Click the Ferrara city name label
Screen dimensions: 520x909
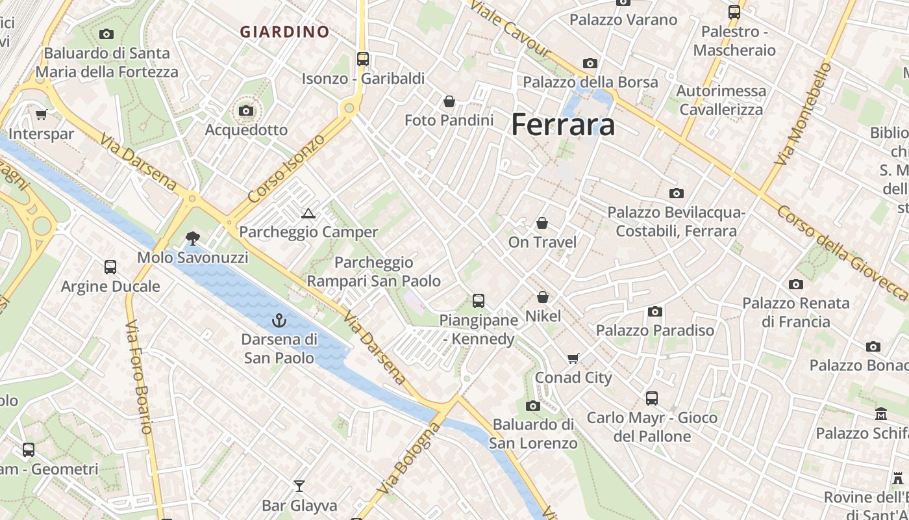[563, 124]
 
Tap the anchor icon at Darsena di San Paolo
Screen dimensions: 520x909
[279, 320]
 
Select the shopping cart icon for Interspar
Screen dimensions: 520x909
[41, 115]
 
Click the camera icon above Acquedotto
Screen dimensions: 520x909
[245, 111]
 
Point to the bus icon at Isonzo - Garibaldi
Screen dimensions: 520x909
[363, 59]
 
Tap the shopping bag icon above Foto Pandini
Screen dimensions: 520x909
[449, 101]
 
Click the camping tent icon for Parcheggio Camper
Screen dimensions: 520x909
[308, 213]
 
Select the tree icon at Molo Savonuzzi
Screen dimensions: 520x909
[192, 238]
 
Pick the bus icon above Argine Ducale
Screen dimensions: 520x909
[110, 266]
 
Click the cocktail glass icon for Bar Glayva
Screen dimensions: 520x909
[299, 486]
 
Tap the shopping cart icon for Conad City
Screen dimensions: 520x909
[573, 358]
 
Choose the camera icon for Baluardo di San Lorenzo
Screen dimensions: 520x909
[533, 406]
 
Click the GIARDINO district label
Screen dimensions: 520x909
[285, 31]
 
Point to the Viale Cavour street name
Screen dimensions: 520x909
[509, 29]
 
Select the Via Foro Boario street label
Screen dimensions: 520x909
[138, 377]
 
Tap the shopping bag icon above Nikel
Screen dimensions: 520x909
[543, 297]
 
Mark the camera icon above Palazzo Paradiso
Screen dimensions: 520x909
[655, 311]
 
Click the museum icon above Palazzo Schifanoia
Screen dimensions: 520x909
[881, 413]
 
